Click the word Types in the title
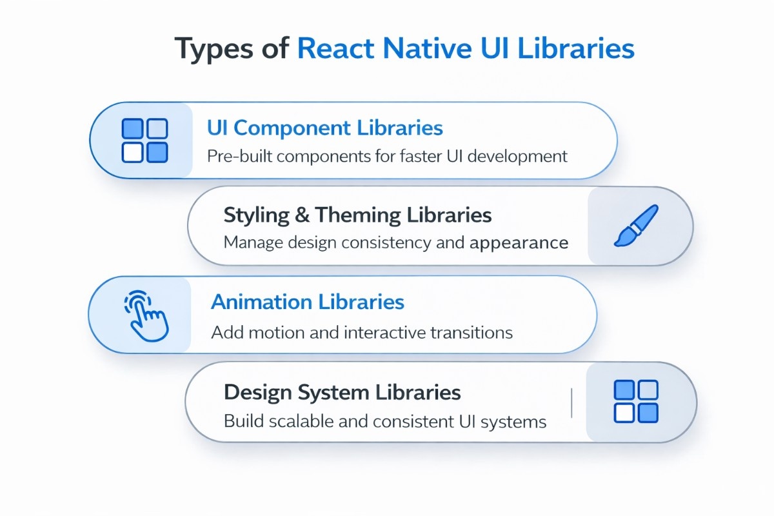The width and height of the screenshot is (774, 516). tap(217, 49)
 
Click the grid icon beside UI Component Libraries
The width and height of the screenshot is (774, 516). tap(144, 141)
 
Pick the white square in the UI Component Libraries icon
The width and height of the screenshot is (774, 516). tap(132, 153)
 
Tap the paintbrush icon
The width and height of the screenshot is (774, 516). tap(635, 226)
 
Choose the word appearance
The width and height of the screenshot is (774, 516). tap(519, 243)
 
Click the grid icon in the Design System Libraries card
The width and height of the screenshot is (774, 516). tap(635, 401)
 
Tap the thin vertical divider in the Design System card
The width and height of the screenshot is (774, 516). tap(572, 402)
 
